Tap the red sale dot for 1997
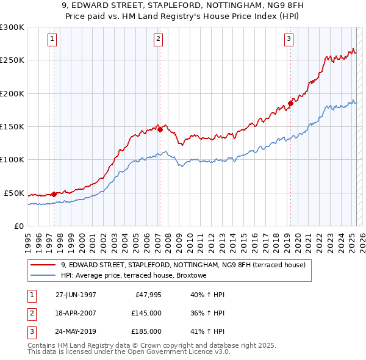point(54,194)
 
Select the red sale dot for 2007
point(160,129)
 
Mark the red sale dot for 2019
point(290,103)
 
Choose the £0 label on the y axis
point(18,226)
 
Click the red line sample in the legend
point(43,265)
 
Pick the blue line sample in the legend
point(43,275)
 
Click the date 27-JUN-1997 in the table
point(76,295)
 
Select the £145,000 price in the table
point(146,313)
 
